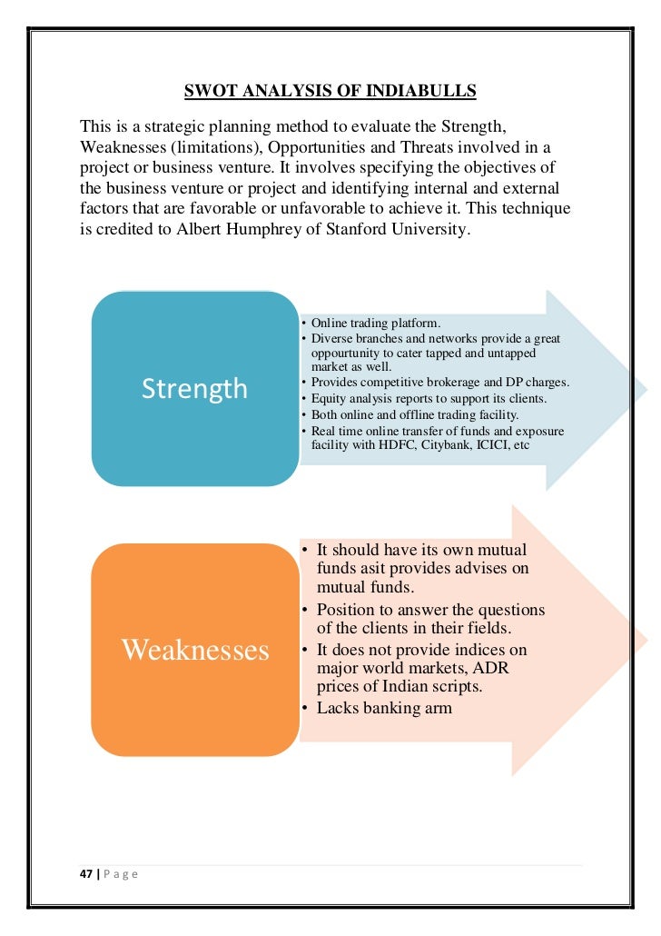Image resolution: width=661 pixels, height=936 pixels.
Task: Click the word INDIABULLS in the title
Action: tap(427, 91)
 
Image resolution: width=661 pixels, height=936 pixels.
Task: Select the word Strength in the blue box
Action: tap(194, 389)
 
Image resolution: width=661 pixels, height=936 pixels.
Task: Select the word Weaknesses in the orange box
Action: tap(195, 649)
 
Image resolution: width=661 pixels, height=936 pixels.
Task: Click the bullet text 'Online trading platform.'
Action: tap(375, 323)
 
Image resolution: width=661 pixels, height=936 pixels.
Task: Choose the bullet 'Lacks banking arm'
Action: tap(383, 708)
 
